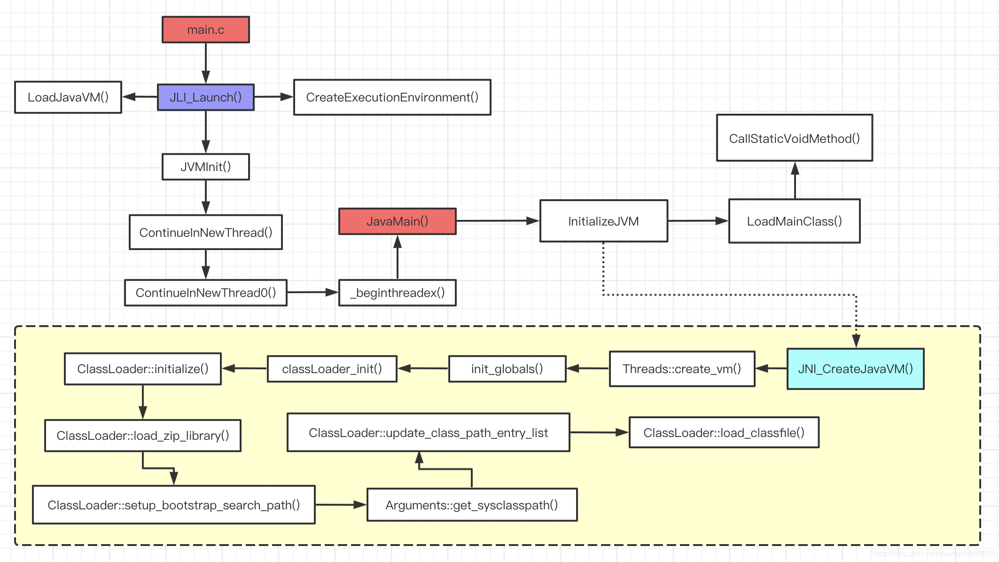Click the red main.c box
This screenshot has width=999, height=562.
[x=205, y=30]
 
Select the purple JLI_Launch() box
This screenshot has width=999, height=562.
[x=205, y=97]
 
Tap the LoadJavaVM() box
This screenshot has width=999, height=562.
[x=68, y=97]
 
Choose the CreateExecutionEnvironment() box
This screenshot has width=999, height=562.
[x=392, y=97]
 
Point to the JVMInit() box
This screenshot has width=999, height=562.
[x=205, y=167]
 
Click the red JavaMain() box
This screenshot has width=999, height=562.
[x=397, y=221]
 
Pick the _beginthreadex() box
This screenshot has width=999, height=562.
[x=397, y=293]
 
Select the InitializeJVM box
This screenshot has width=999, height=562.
[x=603, y=221]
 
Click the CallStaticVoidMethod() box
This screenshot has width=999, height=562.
[x=794, y=138]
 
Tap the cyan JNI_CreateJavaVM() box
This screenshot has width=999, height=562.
[x=855, y=369]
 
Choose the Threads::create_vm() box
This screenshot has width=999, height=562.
[x=682, y=369]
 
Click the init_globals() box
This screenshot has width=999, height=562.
[x=507, y=369]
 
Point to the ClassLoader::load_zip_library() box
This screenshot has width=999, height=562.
[x=142, y=436]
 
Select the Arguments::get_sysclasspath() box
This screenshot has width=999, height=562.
[x=472, y=505]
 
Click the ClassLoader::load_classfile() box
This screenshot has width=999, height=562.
[x=724, y=433]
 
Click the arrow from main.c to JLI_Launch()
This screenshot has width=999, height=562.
[x=205, y=63]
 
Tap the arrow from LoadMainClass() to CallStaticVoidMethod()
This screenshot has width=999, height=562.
[x=795, y=180]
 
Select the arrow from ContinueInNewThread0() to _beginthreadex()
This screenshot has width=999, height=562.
[x=312, y=292]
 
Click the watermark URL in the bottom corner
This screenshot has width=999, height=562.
[x=932, y=554]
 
